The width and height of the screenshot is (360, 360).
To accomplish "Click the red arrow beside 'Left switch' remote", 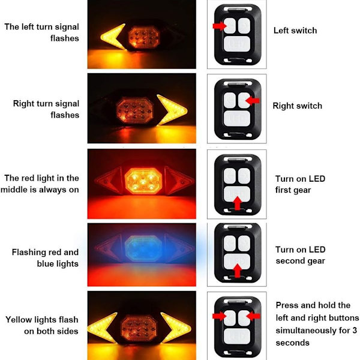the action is pos(220,26).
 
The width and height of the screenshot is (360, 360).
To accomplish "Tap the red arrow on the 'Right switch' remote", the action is pos(253,101).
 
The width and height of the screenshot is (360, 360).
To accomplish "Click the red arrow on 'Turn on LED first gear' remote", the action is pos(238,203).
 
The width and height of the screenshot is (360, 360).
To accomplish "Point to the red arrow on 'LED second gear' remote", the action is pos(238,271).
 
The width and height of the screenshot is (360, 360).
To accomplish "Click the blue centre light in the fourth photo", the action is pos(143,248).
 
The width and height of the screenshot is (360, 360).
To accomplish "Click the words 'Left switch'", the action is pos(295,31).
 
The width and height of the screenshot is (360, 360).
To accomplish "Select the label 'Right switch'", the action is pos(298,106).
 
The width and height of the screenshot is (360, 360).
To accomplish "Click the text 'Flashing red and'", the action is pos(45,252).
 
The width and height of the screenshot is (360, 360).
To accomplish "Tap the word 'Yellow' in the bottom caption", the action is pos(19,320).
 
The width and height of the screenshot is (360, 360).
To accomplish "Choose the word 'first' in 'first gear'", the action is pos(283,190).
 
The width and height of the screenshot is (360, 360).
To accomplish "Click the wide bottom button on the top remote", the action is pos(237,44).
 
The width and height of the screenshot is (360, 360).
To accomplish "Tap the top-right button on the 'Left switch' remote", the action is pos(244,26).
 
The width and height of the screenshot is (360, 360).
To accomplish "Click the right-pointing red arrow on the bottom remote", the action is pos(219,316).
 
